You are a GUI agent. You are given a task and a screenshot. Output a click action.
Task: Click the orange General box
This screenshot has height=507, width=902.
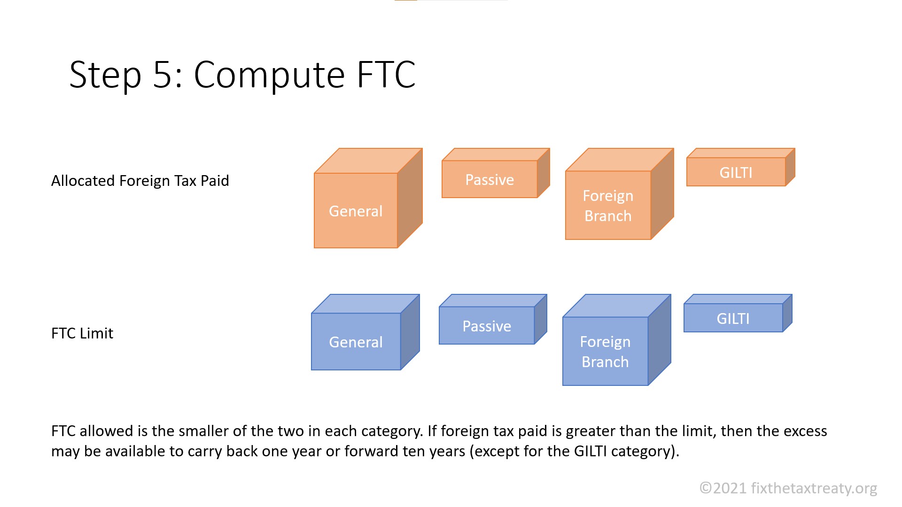pos(356,211)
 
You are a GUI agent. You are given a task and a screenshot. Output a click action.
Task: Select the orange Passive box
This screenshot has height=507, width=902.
pos(490,179)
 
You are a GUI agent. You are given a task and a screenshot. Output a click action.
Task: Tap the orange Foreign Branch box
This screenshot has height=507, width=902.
pos(608,206)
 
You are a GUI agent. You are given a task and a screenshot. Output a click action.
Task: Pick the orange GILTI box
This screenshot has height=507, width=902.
pos(736,172)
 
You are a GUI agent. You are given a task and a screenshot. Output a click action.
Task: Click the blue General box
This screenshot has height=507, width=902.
pos(356,342)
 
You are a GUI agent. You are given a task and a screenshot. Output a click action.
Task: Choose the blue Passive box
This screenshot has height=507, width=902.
pos(487,326)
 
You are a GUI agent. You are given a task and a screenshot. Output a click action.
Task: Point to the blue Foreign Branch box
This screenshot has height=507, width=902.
pos(605,352)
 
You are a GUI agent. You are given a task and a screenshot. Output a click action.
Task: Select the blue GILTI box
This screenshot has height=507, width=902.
pos(733,318)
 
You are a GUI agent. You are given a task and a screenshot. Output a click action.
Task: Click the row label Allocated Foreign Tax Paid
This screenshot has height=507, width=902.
pos(140,181)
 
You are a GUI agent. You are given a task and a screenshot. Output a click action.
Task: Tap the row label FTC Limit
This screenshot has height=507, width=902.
pos(82,333)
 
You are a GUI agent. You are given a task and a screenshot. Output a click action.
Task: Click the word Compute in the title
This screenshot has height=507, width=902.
pos(269,75)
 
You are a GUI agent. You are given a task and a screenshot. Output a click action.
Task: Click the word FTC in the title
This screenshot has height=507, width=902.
pos(386,75)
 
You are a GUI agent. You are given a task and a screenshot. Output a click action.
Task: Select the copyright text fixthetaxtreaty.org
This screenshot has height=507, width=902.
pos(814,488)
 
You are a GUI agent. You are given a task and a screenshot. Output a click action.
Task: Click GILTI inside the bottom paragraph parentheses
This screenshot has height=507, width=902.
pos(591,451)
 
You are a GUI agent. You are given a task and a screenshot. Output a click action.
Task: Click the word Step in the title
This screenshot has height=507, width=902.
pos(105,75)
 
